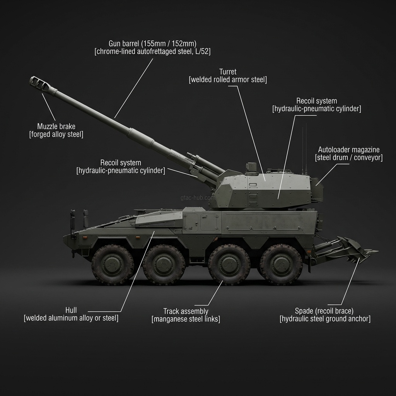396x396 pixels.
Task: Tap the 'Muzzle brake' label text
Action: [x=56, y=126]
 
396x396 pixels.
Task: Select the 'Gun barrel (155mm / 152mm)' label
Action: [x=152, y=43]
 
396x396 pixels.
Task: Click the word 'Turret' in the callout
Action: [x=228, y=72]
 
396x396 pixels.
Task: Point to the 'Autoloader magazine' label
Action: [x=349, y=150]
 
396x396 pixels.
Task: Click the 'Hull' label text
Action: [x=71, y=310]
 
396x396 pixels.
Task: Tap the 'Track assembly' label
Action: [x=186, y=311]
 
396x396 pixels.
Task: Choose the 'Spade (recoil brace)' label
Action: [x=324, y=311]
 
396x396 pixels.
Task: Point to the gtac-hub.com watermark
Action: [x=198, y=198]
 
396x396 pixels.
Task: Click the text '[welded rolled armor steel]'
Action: [x=228, y=80]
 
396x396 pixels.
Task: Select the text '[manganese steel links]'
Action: [x=186, y=319]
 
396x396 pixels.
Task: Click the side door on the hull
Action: [x=209, y=222]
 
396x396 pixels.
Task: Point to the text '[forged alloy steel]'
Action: [x=56, y=134]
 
